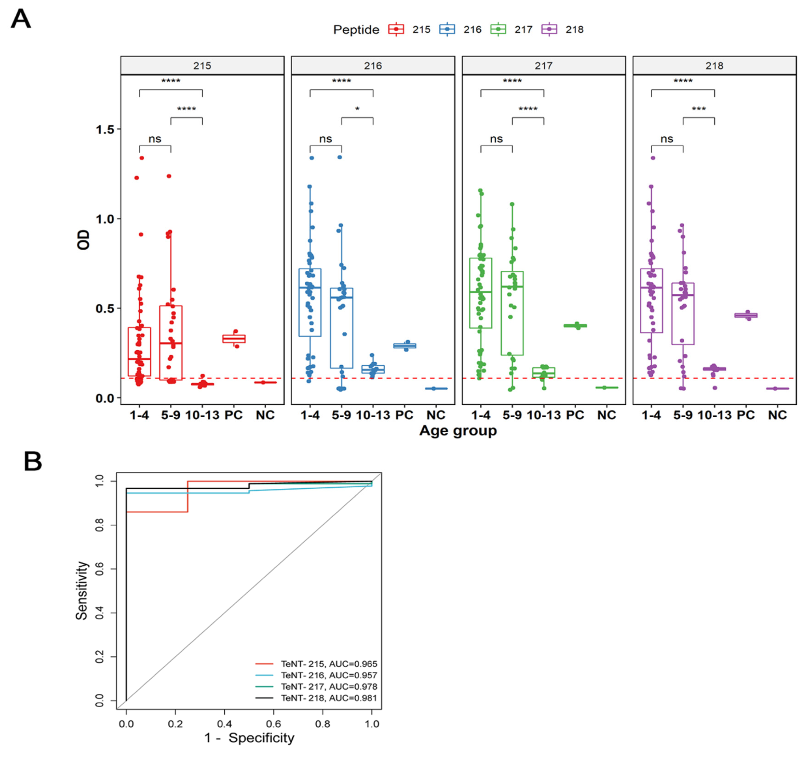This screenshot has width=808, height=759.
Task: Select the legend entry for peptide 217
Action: [523, 30]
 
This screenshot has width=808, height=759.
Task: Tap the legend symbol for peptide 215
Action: [396, 30]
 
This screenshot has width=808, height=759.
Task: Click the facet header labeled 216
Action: [373, 66]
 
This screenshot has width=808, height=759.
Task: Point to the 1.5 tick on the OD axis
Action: [104, 129]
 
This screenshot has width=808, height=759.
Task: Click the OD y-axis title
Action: [83, 240]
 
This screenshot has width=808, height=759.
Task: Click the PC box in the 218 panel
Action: [746, 315]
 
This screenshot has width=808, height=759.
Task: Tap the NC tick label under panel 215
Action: [265, 415]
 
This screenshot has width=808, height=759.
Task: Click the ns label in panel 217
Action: [496, 139]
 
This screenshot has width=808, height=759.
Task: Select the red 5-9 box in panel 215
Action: [171, 343]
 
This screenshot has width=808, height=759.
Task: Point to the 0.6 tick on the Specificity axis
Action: [273, 724]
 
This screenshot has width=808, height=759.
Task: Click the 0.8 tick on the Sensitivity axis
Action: [99, 525]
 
